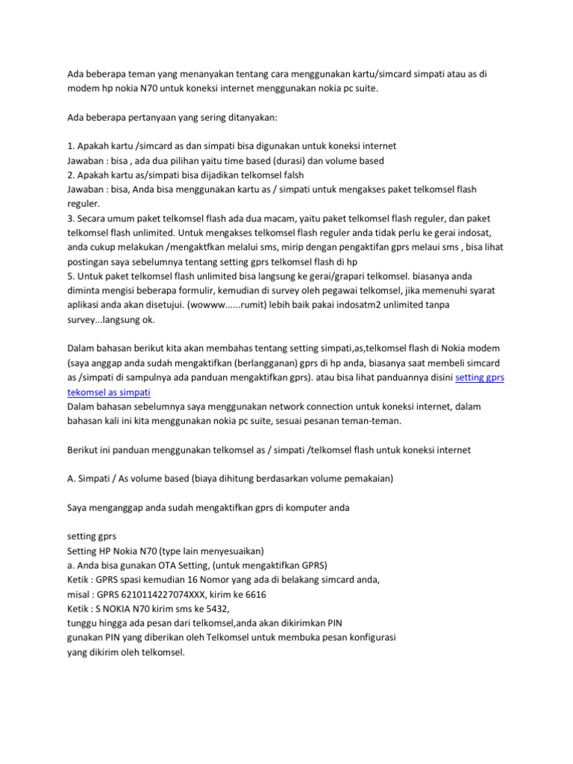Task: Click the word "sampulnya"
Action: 154,378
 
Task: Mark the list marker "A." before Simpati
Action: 72,479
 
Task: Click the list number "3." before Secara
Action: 72,218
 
